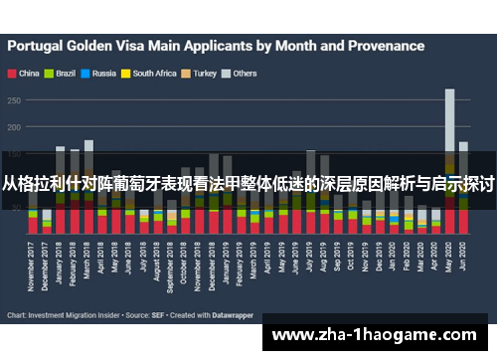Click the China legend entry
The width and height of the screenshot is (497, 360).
point(27,74)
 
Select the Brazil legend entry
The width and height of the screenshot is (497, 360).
point(64,74)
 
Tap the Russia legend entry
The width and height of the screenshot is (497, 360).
point(103,74)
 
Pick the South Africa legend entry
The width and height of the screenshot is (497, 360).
point(152,74)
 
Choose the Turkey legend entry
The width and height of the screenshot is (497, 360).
point(204,74)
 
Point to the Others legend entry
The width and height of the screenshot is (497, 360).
point(244,74)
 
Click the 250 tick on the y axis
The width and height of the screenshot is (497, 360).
point(13,100)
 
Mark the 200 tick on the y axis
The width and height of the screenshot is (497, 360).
point(13,127)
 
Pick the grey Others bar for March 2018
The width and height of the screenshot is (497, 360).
point(88,149)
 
